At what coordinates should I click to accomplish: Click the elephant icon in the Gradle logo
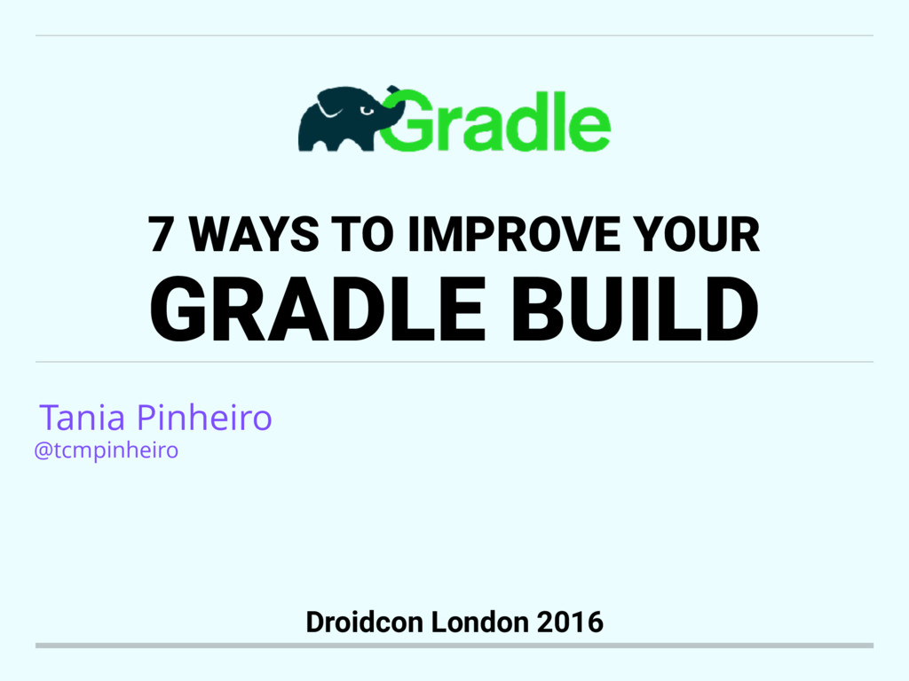[342, 120]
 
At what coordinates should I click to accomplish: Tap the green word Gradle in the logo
[497, 121]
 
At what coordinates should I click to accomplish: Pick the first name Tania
[84, 417]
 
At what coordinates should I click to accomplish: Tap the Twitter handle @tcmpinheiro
[106, 450]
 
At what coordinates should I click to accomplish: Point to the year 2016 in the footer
[571, 622]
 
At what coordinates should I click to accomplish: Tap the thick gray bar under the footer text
[454, 646]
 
